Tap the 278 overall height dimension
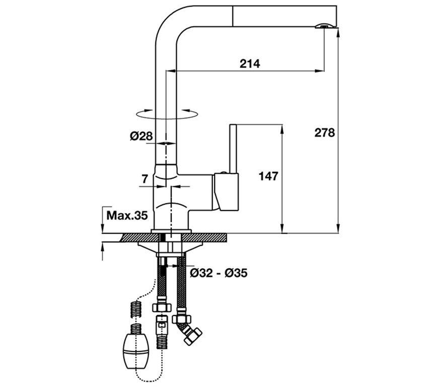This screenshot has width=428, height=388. click(x=324, y=133)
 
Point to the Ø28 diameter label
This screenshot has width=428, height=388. click(x=141, y=136)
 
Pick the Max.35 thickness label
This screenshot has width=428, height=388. click(x=127, y=215)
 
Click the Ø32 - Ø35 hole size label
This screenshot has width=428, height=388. click(x=219, y=273)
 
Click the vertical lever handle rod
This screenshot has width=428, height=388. click(x=233, y=148)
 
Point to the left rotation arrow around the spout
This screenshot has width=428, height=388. click(x=145, y=111)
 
